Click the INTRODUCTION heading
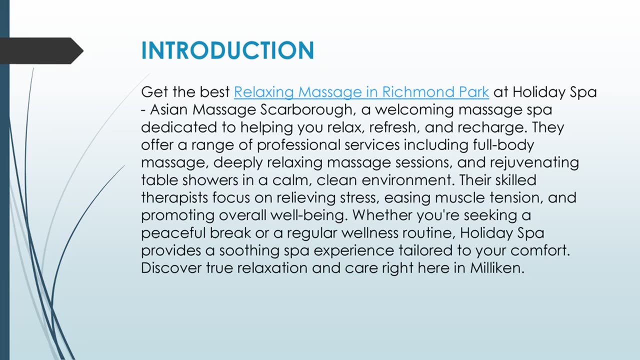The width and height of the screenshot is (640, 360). pos(227,51)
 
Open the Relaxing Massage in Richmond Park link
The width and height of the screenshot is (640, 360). pos(361,92)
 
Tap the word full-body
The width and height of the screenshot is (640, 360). pos(502,145)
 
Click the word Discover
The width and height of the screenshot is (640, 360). pos(171,268)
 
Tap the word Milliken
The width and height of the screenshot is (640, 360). pos(496,268)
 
